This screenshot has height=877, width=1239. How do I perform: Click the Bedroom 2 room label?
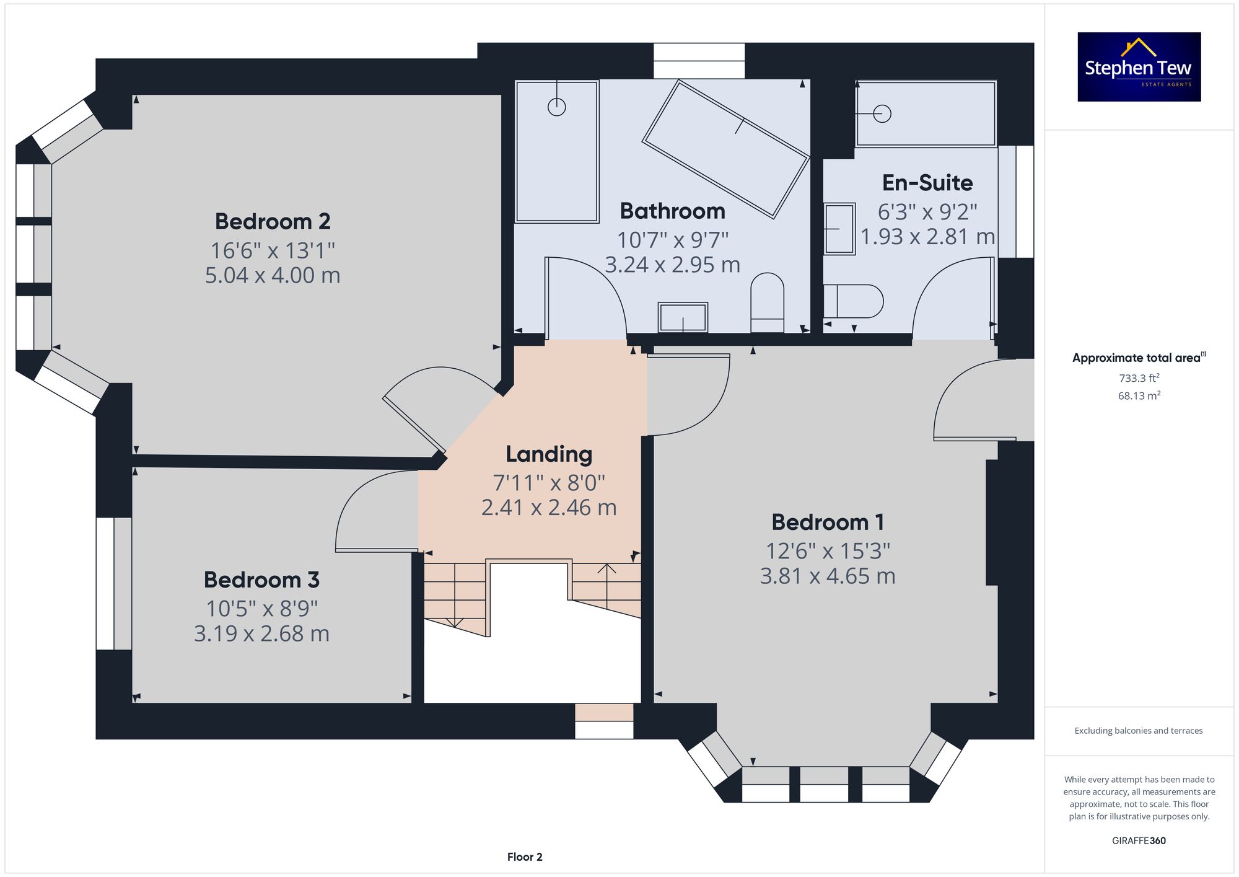pos(273,221)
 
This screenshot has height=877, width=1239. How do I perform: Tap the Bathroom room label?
pos(673,211)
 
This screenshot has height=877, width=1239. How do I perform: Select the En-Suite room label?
pos(927,183)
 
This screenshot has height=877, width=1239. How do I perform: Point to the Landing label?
pos(549,454)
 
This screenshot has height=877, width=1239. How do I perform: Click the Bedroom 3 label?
pos(261,580)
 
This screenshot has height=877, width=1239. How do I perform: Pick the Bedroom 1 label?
pos(828,522)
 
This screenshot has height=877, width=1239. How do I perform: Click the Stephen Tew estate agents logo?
pos(1139,67)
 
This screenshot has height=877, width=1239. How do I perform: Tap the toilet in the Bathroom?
pos(767,302)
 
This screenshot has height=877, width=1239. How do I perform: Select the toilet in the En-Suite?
pos(853,301)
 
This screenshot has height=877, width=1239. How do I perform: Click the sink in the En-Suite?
pos(839,229)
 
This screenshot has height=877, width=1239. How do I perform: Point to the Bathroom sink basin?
pos(683,317)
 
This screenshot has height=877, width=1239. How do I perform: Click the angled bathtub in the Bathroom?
pos(726,149)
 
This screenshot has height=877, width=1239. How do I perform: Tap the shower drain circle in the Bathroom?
pos(557,107)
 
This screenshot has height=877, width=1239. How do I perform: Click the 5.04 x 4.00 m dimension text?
pos(273,275)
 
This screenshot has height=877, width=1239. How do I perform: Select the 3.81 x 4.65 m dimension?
pos(828,576)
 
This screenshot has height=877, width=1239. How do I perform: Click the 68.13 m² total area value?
pos(1139,395)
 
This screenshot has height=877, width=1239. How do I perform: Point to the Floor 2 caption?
pos(525,857)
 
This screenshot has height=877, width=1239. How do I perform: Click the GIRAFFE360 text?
pos(1139,841)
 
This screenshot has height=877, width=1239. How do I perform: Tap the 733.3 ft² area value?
pos(1139,378)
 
